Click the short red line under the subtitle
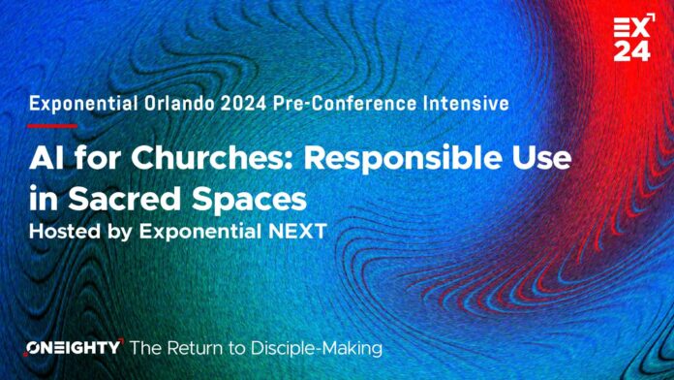(x=53, y=125)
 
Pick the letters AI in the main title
(x=45, y=159)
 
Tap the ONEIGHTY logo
(x=73, y=346)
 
